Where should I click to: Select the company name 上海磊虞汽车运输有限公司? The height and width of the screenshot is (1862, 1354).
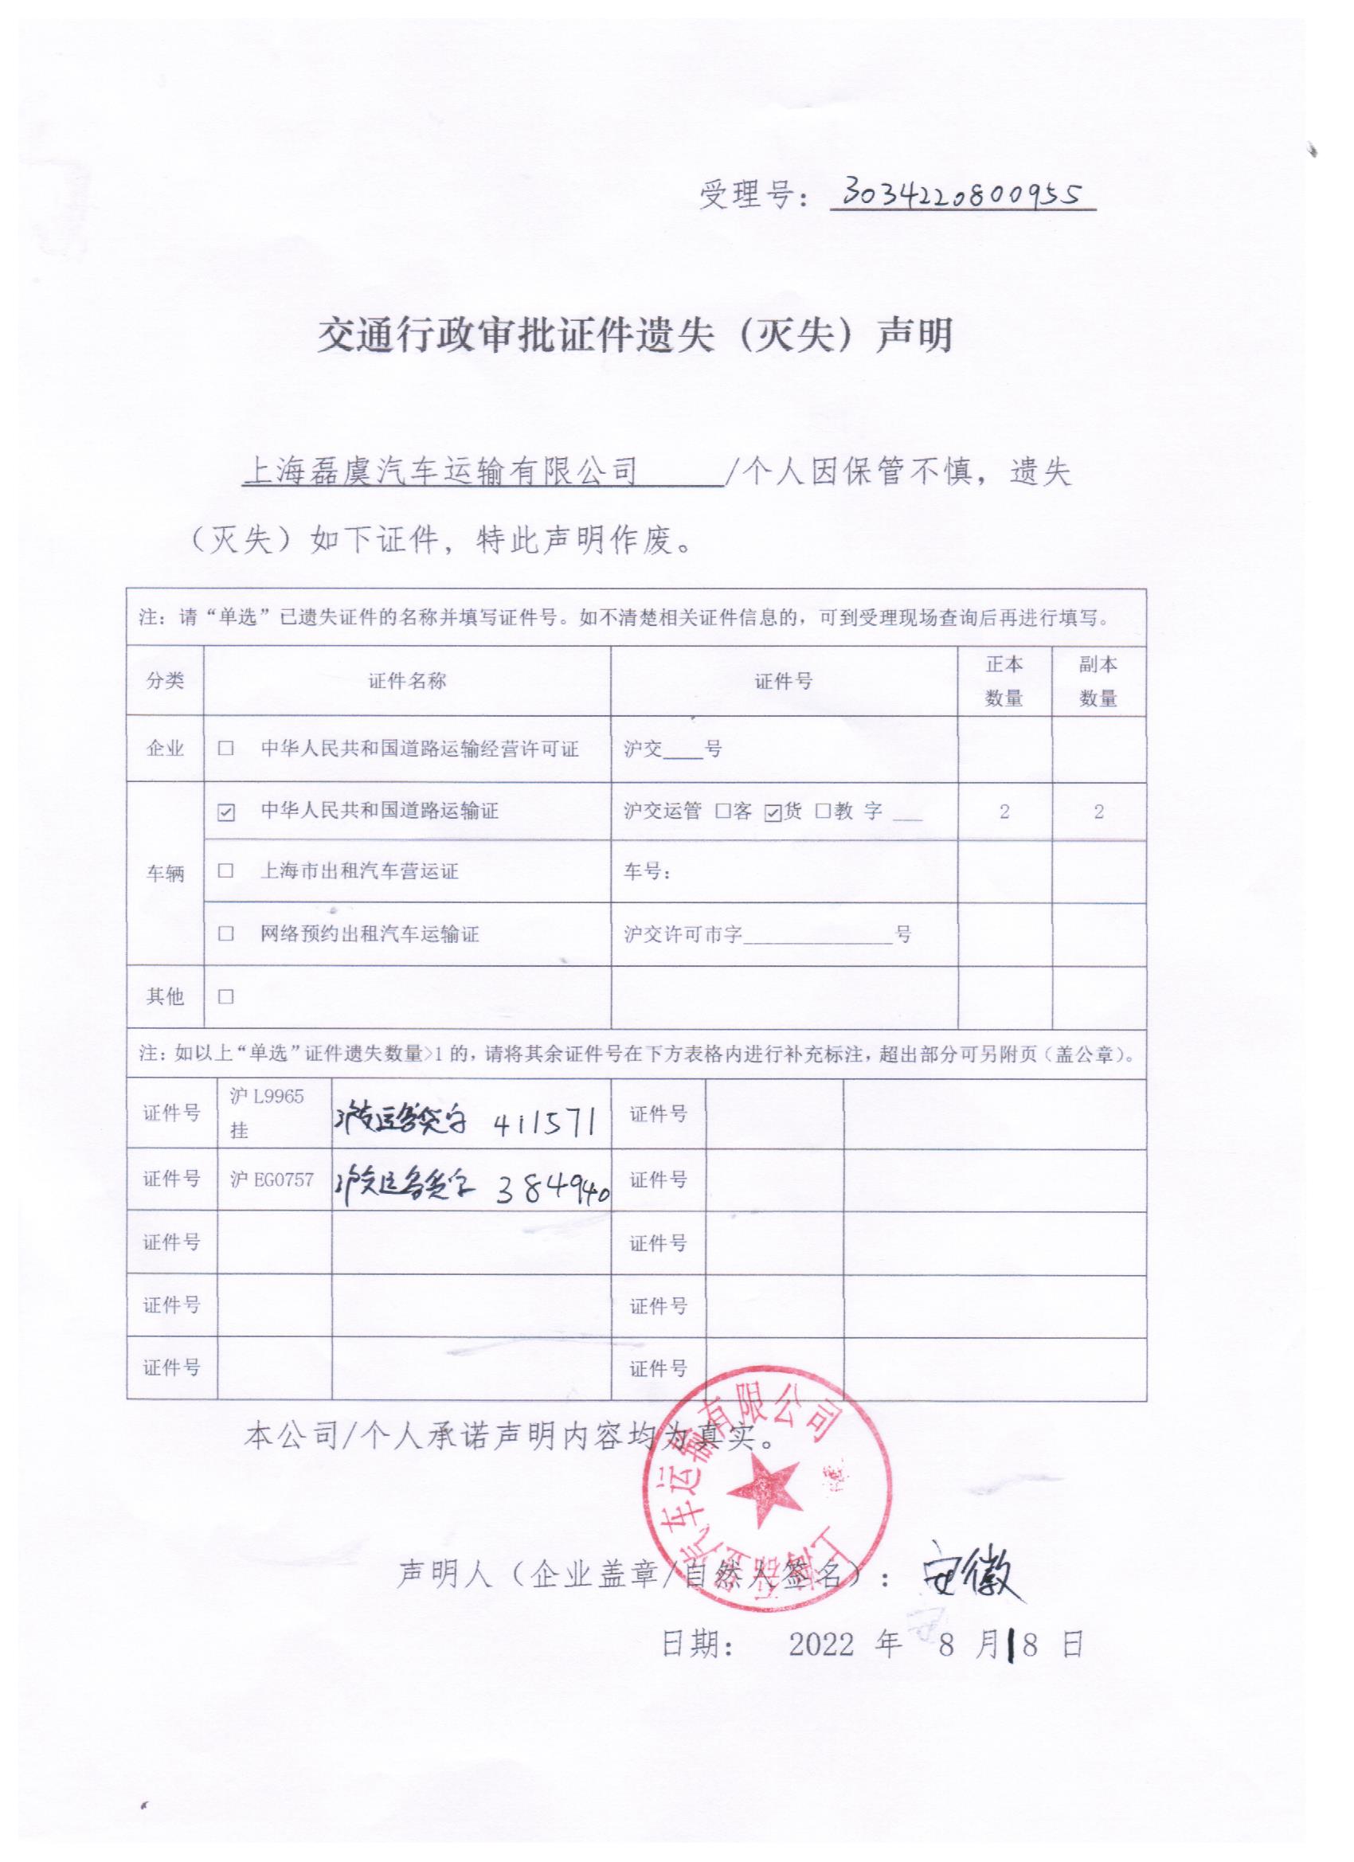(442, 472)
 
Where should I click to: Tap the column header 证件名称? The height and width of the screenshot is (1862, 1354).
(406, 681)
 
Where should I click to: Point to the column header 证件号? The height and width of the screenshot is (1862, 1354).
(784, 681)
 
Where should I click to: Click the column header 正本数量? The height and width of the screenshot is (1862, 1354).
(1004, 681)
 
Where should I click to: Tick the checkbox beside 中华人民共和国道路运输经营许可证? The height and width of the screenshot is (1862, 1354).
(226, 749)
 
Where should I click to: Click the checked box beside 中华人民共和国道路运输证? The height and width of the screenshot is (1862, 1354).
(226, 812)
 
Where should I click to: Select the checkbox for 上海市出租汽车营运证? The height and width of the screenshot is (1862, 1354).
(226, 871)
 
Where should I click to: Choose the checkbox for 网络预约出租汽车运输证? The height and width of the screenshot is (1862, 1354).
(226, 933)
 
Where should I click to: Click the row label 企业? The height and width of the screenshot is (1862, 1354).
(165, 749)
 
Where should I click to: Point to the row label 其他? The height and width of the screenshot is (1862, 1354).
(165, 996)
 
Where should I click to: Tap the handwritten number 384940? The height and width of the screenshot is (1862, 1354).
(552, 1188)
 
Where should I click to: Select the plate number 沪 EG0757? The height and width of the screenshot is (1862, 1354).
(272, 1179)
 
